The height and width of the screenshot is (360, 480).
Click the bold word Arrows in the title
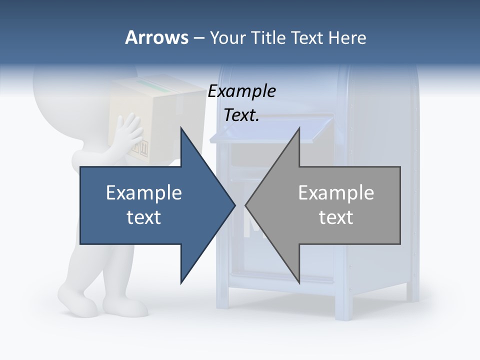156,37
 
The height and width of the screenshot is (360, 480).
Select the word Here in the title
347,37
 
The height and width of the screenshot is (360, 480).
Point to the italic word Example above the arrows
241,91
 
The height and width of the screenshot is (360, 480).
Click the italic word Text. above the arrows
241,115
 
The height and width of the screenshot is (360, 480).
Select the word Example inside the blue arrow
144,192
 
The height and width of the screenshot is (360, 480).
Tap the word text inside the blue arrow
144,217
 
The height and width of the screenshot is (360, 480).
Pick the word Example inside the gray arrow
336,192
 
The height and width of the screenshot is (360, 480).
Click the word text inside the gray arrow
336,217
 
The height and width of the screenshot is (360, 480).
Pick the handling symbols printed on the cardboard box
142,147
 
